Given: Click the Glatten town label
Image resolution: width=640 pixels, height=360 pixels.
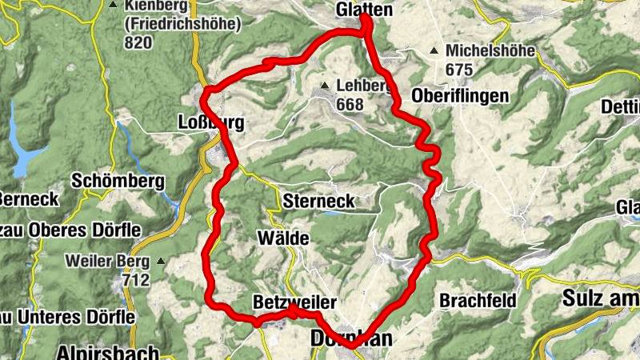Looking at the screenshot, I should point(366,10).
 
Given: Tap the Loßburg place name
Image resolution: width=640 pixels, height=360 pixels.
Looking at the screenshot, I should point(210,123).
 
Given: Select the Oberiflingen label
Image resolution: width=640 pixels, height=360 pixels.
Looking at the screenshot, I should point(460,96).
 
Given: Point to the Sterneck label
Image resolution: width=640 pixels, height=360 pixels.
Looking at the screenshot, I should point(318,201).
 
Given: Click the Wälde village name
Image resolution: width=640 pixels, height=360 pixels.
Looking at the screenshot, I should point(282,238).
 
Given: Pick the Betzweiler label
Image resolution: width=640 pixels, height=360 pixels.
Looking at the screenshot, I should point(294,302).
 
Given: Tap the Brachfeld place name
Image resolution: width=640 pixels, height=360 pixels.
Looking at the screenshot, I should point(476,301).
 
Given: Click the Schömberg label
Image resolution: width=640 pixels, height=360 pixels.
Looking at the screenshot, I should point(118,180).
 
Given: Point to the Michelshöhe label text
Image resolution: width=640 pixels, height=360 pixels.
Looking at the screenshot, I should point(490,50).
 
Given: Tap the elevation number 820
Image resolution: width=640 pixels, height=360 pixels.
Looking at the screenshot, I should point(138,42).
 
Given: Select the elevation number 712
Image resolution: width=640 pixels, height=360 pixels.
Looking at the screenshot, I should point(138,280).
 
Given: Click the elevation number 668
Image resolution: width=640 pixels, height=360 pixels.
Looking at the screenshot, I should point(350,104).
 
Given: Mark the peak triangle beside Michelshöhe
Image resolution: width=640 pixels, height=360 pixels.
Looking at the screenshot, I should point(434,51).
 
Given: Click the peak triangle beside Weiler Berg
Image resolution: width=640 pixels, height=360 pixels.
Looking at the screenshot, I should point(161,261).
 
